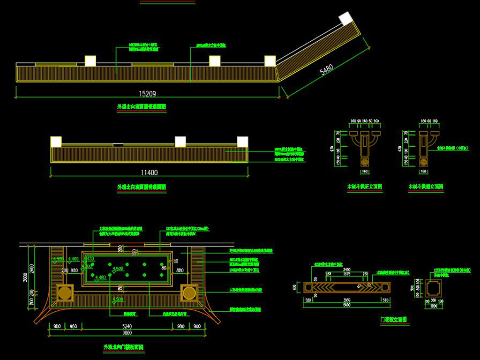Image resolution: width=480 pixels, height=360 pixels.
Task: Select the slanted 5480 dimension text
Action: click(x=326, y=70)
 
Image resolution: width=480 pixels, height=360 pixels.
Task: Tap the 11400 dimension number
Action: click(x=149, y=172)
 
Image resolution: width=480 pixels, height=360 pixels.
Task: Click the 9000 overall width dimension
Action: click(x=127, y=333)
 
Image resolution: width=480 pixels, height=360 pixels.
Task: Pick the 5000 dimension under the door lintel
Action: click(x=346, y=305)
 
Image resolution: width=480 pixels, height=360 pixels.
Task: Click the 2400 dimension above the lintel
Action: click(x=346, y=270)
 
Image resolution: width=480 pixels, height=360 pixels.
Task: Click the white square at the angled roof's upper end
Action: click(x=345, y=18)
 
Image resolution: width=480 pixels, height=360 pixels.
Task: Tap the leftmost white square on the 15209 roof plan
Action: click(x=90, y=61)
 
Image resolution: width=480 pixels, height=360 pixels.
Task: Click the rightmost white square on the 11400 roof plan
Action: click(x=242, y=142)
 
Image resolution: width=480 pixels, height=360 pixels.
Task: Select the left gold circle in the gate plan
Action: click(x=64, y=293)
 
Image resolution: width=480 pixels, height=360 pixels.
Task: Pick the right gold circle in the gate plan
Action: click(x=189, y=293)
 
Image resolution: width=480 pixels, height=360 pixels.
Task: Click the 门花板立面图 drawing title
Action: click(x=393, y=320)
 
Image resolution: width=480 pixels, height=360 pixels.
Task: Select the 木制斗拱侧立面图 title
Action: click(x=426, y=187)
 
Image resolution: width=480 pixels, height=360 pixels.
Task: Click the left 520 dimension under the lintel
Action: click(x=308, y=300)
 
